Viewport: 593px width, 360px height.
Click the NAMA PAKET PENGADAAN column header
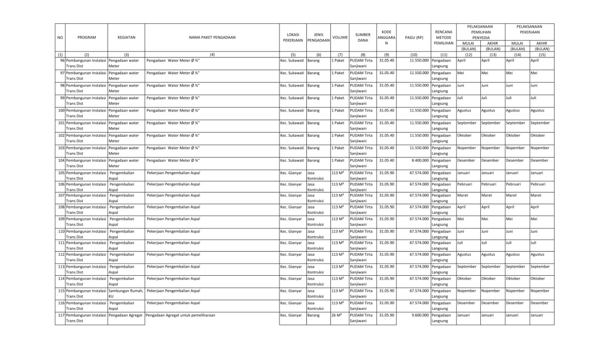click(212, 37)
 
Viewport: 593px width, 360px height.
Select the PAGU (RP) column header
click(414, 37)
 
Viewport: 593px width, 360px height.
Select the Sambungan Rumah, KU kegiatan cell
click(126, 293)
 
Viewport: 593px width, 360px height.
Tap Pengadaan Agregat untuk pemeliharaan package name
click(180, 315)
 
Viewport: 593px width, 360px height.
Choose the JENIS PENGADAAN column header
click(318, 37)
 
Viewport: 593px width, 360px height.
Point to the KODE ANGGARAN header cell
click(386, 37)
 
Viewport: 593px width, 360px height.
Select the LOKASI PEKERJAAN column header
click(292, 37)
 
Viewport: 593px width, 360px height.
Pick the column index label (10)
click(414, 55)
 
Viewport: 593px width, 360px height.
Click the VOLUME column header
click(340, 37)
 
